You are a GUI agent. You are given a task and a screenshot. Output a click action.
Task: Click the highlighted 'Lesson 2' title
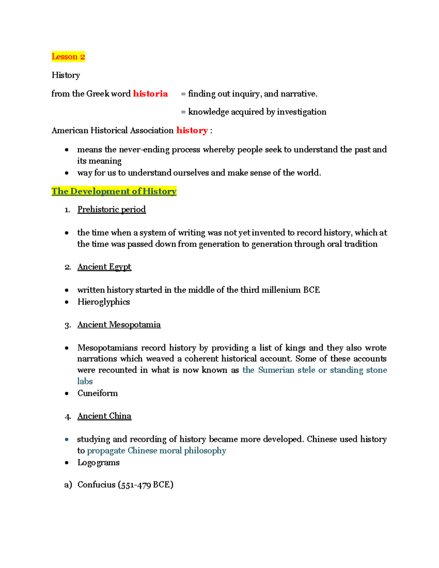point(68,57)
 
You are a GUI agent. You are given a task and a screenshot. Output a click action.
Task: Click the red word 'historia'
point(150,94)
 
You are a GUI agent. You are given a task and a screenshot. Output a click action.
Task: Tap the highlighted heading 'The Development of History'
point(114,191)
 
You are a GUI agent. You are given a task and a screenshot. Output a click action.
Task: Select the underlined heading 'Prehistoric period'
point(112,210)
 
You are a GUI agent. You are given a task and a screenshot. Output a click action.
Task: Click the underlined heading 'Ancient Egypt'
point(104,267)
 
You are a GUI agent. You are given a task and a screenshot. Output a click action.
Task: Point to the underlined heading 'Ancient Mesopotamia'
point(119,325)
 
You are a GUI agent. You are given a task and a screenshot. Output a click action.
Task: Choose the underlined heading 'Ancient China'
point(104,416)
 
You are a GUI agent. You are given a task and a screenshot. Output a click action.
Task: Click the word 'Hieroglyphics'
point(104,302)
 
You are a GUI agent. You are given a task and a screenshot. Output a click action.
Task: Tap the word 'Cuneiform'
point(98,393)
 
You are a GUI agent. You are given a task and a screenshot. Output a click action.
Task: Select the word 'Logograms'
point(98,463)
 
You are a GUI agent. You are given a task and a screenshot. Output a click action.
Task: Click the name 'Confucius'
point(97,485)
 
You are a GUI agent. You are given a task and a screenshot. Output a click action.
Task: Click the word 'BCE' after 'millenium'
point(311,290)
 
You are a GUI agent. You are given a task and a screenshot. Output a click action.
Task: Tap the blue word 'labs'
point(85,381)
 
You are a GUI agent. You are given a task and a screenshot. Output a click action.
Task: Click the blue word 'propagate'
point(106,451)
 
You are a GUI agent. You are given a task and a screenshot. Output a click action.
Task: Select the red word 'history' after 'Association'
point(192,131)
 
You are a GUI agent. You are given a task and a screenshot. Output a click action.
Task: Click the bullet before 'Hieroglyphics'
point(67,302)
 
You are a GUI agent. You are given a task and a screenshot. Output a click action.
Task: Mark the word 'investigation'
point(301,112)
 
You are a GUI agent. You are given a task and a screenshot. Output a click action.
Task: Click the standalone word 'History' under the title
point(66,75)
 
